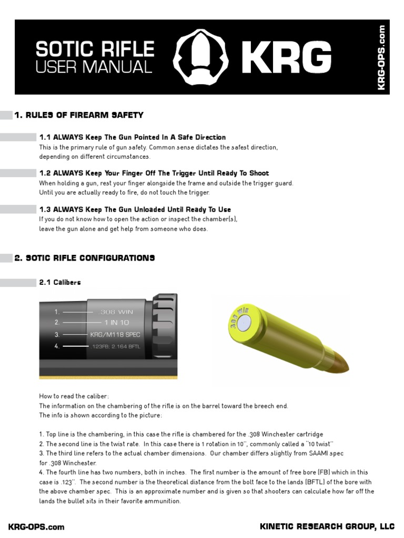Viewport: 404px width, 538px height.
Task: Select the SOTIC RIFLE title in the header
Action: (95, 49)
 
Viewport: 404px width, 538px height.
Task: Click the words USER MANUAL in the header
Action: (94, 67)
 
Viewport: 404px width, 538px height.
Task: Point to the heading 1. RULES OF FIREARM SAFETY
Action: (79, 115)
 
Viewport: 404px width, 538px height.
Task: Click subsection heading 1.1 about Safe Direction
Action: (132, 137)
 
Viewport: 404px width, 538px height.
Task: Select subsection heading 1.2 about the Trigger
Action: (154, 173)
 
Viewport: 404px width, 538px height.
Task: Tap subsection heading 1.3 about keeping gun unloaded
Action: (135, 209)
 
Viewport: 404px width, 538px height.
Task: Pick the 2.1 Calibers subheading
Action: (60, 282)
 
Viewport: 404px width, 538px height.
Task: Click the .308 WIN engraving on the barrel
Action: (116, 312)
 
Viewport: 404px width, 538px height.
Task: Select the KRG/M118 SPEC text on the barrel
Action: (115, 334)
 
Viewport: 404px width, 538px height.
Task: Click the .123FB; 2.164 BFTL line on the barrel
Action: (117, 346)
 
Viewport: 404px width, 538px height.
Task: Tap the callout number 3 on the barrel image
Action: (57, 334)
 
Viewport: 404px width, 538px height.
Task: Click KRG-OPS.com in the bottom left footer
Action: (36, 526)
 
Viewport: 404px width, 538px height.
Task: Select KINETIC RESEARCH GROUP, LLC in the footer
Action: (327, 526)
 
